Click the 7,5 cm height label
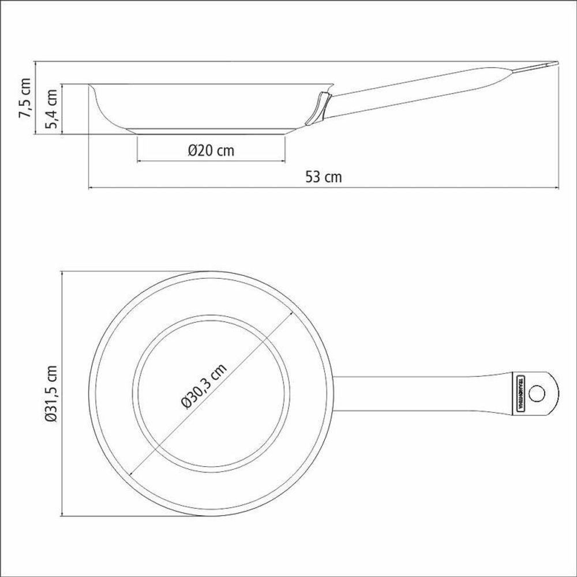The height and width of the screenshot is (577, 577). (x=25, y=98)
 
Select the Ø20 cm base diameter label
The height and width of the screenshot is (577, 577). (x=211, y=151)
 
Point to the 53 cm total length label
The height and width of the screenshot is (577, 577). (x=323, y=177)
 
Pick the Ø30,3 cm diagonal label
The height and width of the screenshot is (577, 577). (x=203, y=386)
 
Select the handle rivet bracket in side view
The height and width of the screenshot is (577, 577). (x=319, y=108)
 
